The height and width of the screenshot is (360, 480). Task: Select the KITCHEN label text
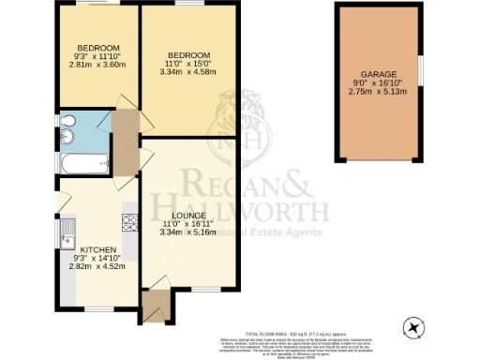(97, 251)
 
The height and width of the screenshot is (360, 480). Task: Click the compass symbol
(415, 328)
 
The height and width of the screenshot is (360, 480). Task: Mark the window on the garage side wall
(421, 68)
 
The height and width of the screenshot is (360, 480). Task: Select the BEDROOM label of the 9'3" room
(97, 48)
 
